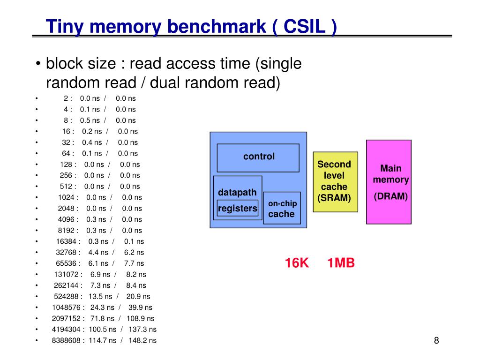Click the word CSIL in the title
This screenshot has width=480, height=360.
(304, 26)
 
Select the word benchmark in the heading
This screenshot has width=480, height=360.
(217, 26)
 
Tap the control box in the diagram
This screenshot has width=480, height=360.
(258, 158)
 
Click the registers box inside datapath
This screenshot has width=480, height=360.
(238, 208)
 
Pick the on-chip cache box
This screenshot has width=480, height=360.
(282, 208)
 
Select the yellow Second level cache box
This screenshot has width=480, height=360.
(335, 182)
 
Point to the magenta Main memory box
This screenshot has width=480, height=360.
(389, 182)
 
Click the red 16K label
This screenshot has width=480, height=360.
(297, 263)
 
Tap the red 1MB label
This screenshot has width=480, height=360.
(341, 263)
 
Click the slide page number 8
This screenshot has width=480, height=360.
(436, 340)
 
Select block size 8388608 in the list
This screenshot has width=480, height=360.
(66, 340)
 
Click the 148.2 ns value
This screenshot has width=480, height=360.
(142, 340)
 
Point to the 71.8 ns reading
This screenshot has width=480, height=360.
(102, 318)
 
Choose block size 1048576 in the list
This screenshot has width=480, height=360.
(66, 307)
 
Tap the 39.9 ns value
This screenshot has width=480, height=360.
(140, 307)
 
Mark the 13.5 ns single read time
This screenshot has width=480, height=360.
(100, 296)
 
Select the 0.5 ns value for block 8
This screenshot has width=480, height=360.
(90, 120)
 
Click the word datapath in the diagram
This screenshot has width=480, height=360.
(237, 193)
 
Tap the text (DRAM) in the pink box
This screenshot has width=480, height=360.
(390, 196)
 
